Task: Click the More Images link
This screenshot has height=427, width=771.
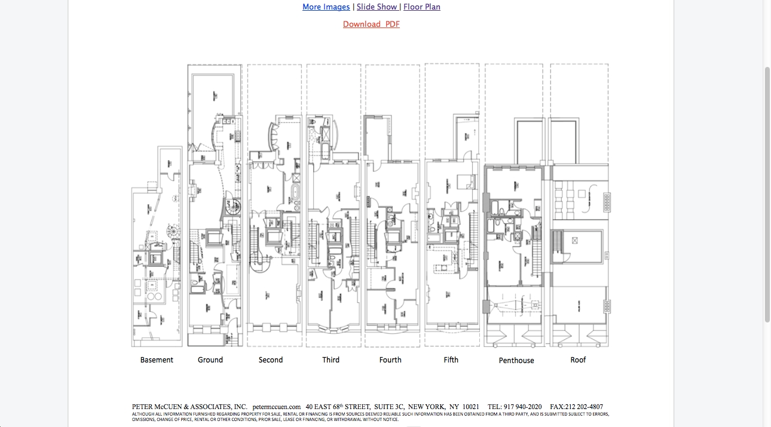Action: tap(326, 7)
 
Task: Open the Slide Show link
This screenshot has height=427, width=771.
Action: tap(377, 7)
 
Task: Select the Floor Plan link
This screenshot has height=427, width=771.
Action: tap(422, 7)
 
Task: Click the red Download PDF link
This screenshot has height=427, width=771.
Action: tap(371, 24)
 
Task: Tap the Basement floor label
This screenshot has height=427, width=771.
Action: tap(157, 360)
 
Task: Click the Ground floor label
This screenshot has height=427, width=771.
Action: tap(210, 360)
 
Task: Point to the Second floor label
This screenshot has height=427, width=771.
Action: tap(271, 360)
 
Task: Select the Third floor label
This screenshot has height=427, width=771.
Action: tap(331, 360)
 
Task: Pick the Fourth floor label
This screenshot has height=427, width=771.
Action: tap(390, 360)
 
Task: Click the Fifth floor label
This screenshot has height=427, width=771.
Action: tap(451, 360)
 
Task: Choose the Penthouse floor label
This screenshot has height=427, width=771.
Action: tap(516, 361)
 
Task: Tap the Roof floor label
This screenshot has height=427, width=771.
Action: tap(578, 360)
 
